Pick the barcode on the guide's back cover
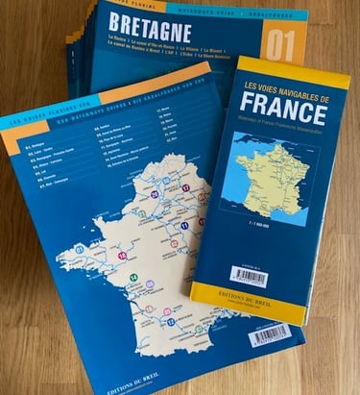(270, 334)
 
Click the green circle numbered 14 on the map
(133, 279)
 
